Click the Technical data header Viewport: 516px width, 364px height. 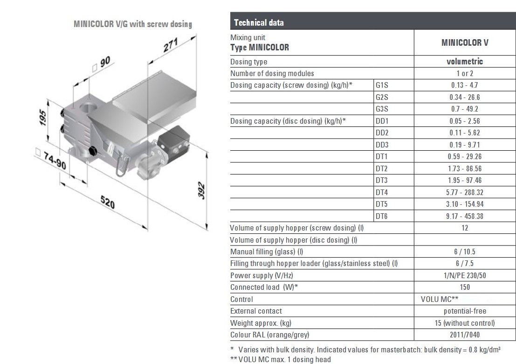(x=259, y=22)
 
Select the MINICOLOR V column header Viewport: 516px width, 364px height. (x=465, y=42)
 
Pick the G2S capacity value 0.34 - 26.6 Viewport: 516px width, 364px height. (x=464, y=97)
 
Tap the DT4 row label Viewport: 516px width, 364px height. (x=381, y=192)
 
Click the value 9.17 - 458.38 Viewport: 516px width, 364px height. (x=464, y=216)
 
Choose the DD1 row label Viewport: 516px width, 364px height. (x=382, y=121)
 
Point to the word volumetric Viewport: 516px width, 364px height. (x=465, y=62)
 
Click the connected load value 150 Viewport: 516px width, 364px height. (x=465, y=287)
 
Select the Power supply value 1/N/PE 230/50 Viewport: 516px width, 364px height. (x=465, y=275)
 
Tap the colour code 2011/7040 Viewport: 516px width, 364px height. (x=465, y=335)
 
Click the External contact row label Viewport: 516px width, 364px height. (x=256, y=311)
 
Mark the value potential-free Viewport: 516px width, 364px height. (x=465, y=311)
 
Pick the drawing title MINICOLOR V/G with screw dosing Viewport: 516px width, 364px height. (x=133, y=24)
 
